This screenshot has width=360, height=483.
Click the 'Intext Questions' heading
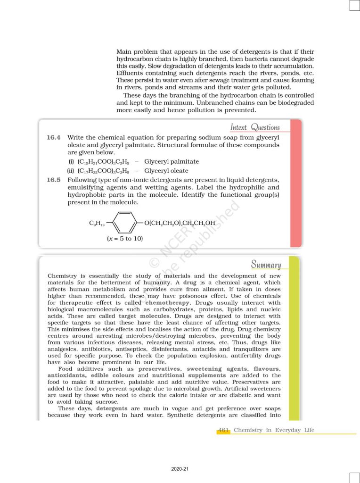click(255, 127)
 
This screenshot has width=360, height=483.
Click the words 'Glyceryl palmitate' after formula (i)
click(172, 162)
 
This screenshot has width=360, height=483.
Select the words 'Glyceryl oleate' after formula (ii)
click(166, 171)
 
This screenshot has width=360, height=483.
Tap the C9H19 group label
click(97, 223)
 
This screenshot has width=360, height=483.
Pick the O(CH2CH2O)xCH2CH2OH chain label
click(180, 223)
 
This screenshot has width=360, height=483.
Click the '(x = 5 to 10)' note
click(125, 239)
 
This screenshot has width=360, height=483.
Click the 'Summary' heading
click(266, 265)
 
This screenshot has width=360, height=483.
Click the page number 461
click(223, 430)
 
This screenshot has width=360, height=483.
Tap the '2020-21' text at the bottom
click(180, 469)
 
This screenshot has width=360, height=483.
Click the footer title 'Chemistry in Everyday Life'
click(274, 430)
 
